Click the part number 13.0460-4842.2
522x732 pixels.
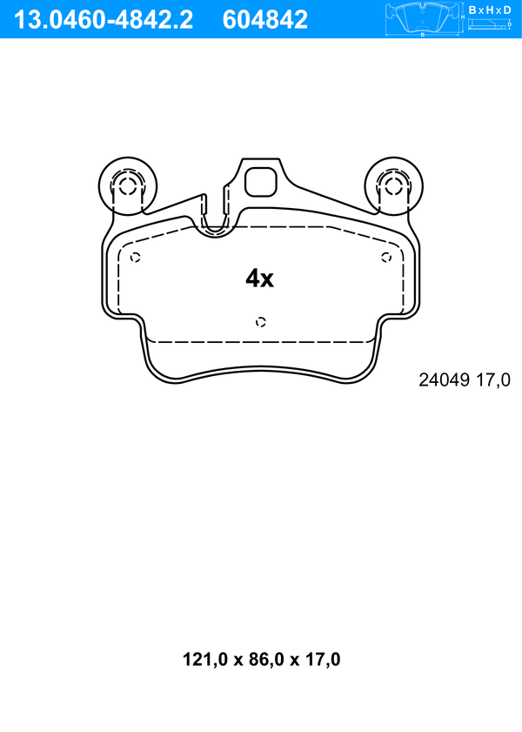103,20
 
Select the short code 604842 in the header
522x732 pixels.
265,20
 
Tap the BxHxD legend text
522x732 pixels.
490,10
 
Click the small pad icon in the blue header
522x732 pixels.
422,18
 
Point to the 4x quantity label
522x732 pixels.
260,279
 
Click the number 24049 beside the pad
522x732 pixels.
444,380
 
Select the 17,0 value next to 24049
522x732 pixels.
492,380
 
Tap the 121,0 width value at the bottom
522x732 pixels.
204,659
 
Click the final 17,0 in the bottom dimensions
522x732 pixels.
323,659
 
